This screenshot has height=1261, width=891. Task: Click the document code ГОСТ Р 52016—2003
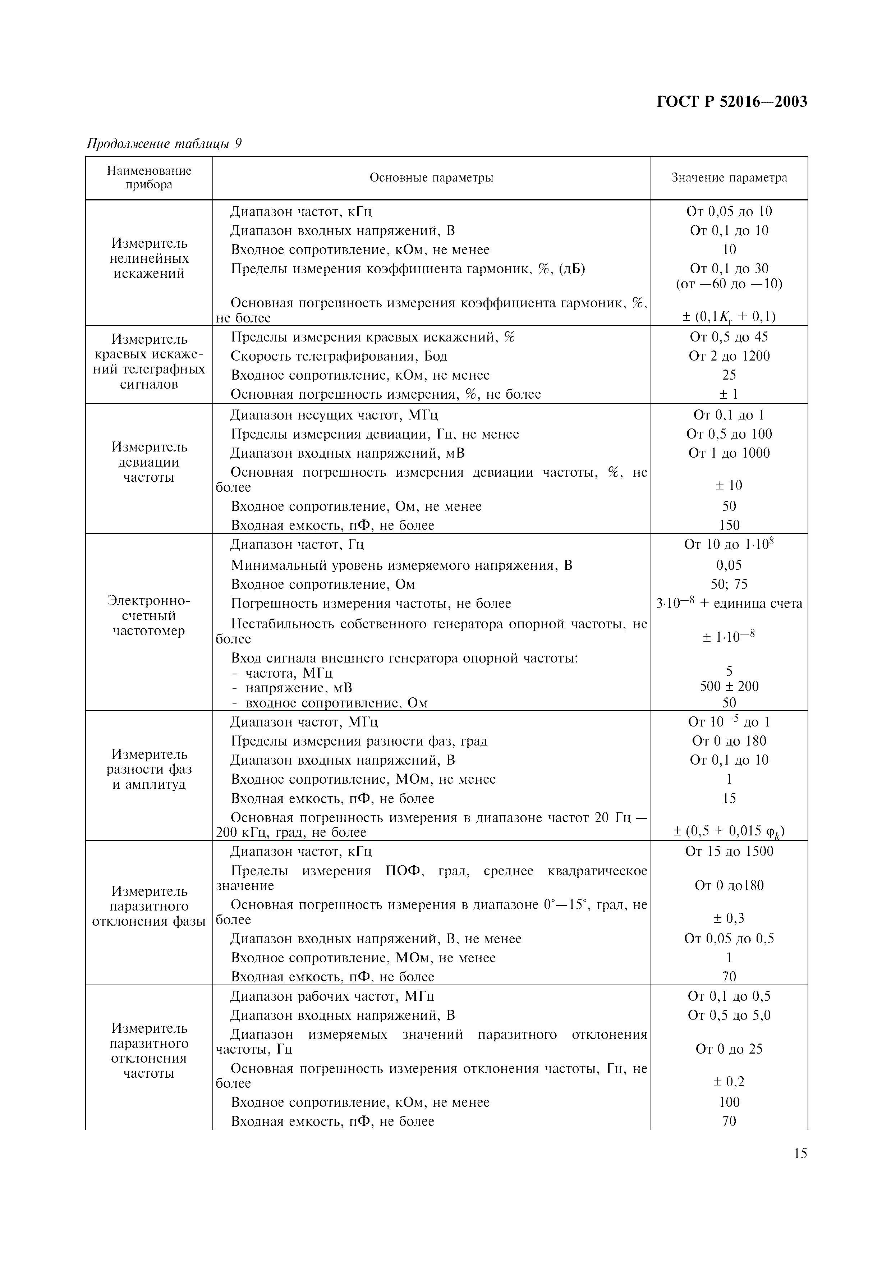[x=731, y=102]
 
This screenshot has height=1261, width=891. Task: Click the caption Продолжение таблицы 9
[x=164, y=144]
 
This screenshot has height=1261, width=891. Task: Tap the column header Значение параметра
[x=729, y=178]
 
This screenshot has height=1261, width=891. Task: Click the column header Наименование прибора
[x=149, y=178]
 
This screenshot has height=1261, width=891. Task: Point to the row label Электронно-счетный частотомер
[x=149, y=616]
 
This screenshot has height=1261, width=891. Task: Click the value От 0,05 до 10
[x=729, y=211]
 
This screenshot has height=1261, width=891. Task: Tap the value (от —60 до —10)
[x=729, y=284]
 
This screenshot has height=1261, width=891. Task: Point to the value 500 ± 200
[x=729, y=686]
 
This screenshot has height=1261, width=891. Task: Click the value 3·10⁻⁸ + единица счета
[x=729, y=603]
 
